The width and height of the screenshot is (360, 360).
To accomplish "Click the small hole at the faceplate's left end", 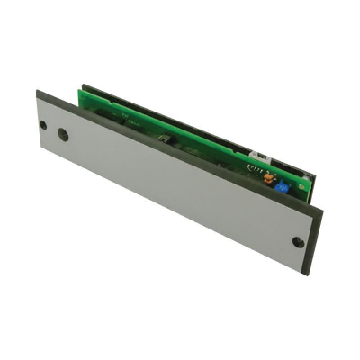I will (x=43, y=125).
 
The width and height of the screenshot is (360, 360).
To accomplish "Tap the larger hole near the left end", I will (x=63, y=134).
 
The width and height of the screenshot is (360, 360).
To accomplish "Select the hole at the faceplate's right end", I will (x=297, y=242).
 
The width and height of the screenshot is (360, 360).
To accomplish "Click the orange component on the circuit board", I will (x=268, y=179).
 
